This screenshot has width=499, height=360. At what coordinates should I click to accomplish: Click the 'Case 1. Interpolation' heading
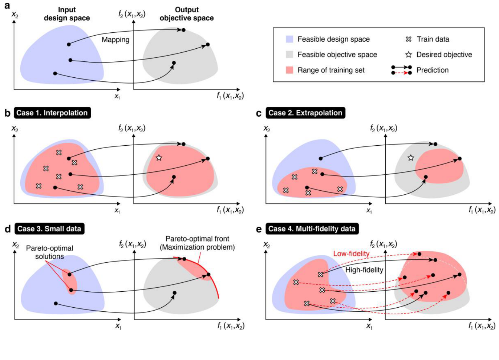click(52, 113)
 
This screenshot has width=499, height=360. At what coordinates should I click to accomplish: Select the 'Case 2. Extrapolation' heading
click(305, 113)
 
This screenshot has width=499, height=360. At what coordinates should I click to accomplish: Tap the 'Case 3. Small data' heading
click(49, 228)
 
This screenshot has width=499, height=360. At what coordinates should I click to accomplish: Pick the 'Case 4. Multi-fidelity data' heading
click(312, 228)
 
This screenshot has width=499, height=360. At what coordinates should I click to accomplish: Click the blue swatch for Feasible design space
click(289, 39)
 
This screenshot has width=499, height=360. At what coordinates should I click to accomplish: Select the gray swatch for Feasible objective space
click(289, 54)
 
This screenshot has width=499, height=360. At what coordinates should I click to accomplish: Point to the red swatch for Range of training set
click(289, 70)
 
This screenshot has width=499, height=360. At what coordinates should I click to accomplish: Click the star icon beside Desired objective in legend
click(409, 54)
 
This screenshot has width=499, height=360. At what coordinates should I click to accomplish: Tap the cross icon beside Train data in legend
click(409, 39)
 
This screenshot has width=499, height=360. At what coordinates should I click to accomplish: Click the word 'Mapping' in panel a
click(115, 40)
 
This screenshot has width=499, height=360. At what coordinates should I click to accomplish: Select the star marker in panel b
click(159, 158)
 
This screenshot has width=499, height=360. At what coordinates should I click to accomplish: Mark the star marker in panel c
click(411, 158)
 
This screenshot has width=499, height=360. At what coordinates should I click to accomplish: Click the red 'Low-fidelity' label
click(351, 254)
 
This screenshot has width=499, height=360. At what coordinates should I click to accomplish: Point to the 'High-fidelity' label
click(364, 270)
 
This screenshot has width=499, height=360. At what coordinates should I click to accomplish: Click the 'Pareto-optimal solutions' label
click(49, 252)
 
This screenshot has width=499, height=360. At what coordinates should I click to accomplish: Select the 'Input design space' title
click(67, 14)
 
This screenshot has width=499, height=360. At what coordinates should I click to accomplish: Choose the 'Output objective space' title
click(187, 14)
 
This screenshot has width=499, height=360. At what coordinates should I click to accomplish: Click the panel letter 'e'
click(259, 229)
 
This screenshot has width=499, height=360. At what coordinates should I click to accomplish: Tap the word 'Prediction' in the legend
click(432, 70)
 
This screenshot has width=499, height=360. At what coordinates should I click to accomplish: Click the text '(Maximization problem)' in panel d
click(197, 247)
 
